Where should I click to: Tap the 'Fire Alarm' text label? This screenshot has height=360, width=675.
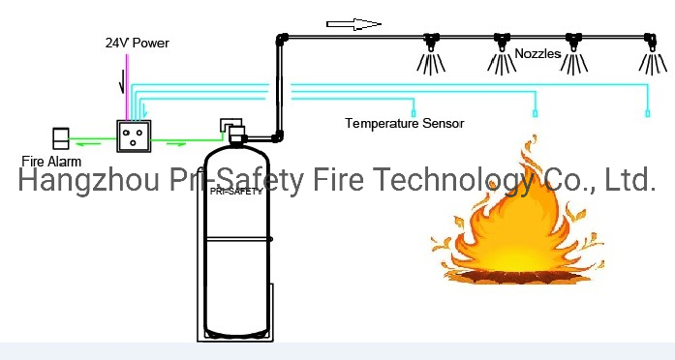point(51,162)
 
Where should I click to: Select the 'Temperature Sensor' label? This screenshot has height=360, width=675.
point(405,123)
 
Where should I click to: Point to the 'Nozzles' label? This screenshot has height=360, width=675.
point(537,54)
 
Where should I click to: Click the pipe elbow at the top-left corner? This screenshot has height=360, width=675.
point(282,39)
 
